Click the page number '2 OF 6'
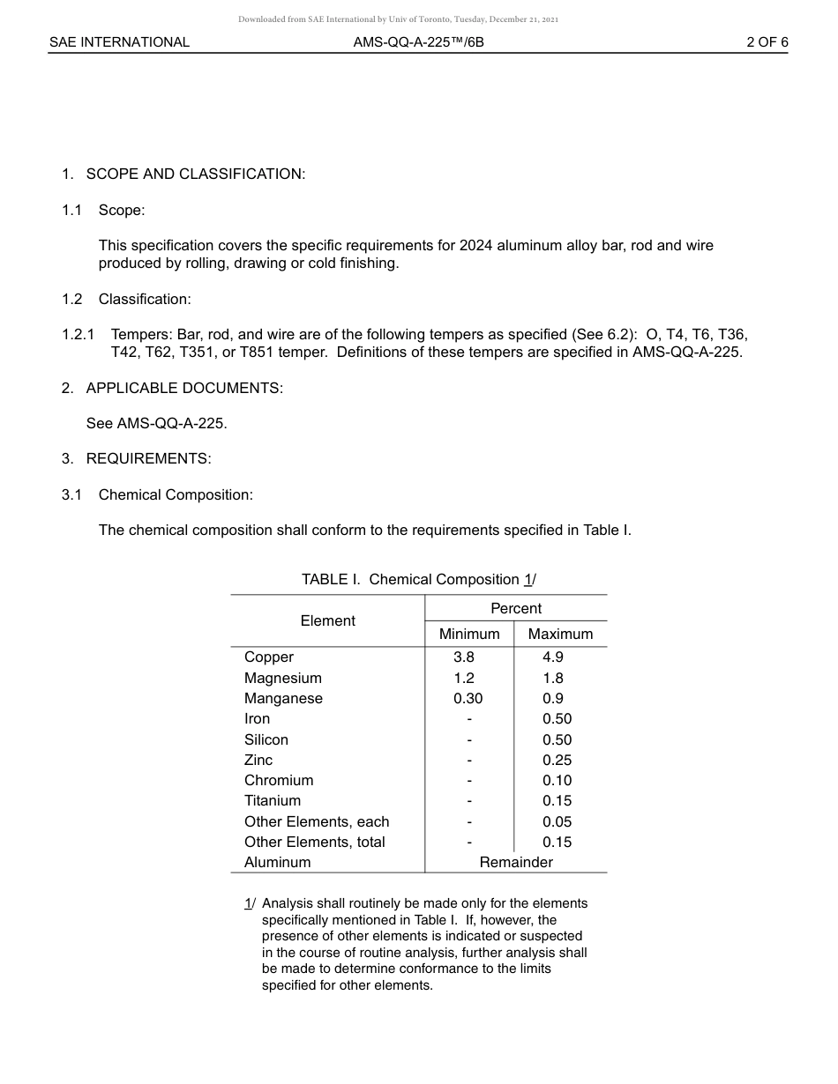tap(767, 42)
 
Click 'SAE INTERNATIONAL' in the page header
tap(119, 42)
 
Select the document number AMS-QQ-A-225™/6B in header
tap(418, 42)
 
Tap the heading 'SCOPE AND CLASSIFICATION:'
tap(195, 174)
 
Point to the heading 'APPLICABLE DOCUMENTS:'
tap(184, 388)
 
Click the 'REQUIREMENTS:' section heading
tap(148, 458)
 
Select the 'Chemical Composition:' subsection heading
tap(176, 494)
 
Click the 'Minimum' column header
tap(469, 634)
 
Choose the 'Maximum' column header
tap(560, 634)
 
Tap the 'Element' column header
tap(327, 620)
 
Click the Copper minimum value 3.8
tap(464, 657)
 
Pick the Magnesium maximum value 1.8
tap(553, 678)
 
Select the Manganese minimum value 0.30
tap(468, 698)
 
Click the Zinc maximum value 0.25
tap(557, 760)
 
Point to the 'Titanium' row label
tap(273, 800)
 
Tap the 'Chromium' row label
tap(279, 780)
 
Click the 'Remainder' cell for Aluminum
tap(516, 862)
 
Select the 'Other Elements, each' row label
tap(317, 821)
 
